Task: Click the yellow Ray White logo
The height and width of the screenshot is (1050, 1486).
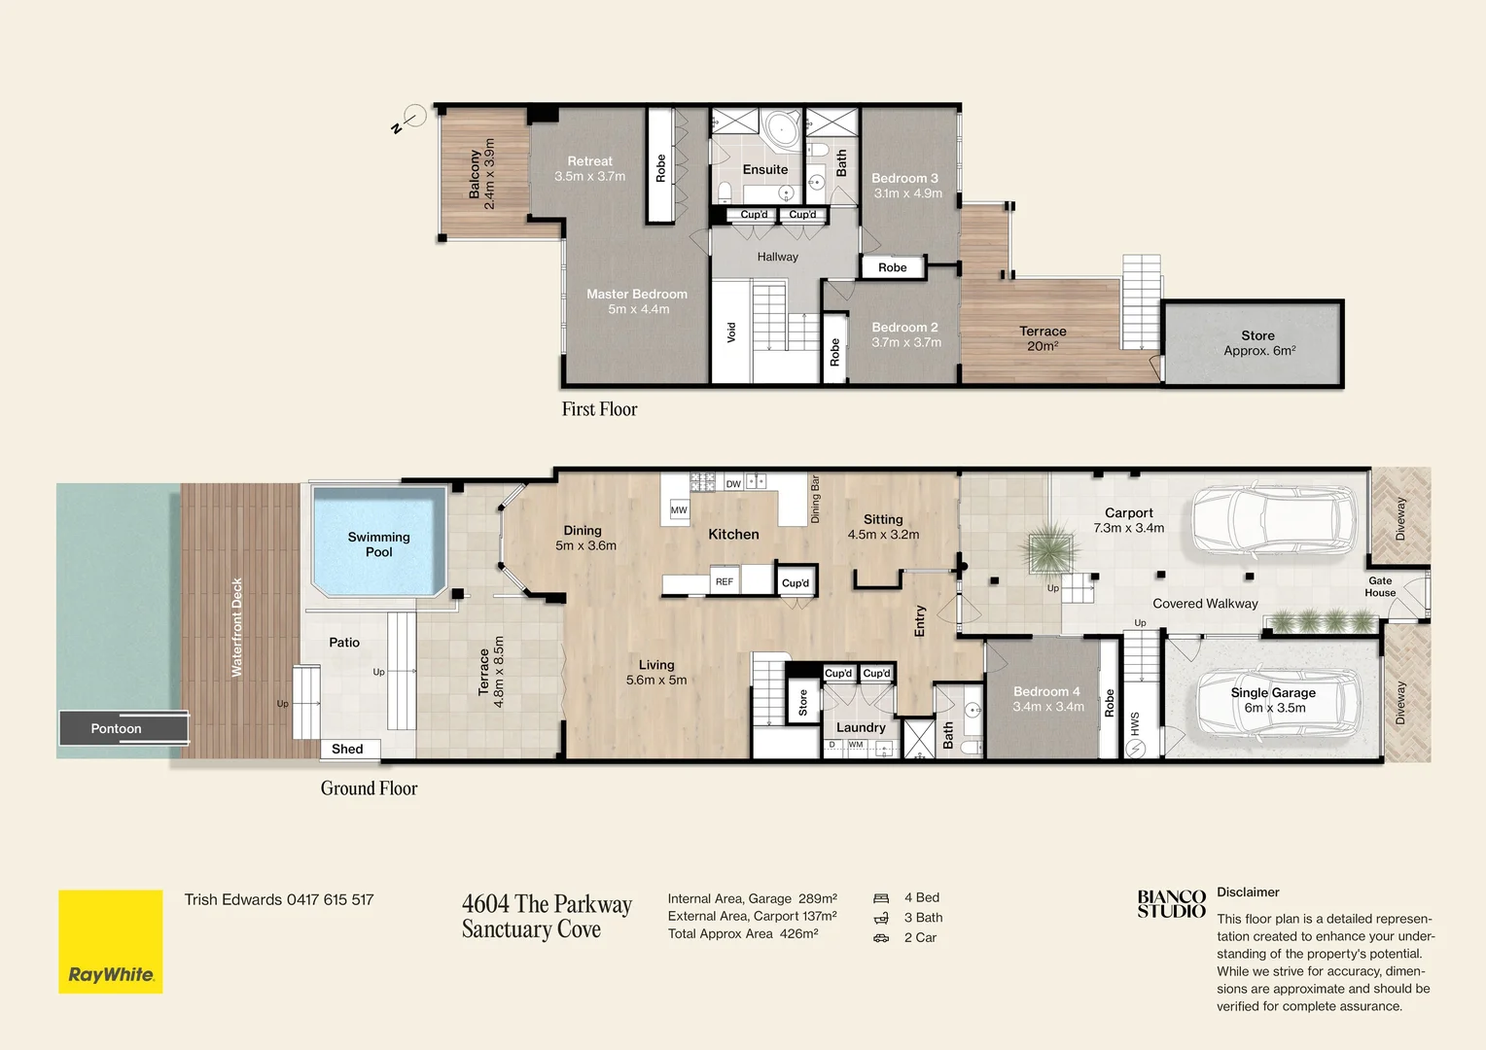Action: pyautogui.click(x=110, y=941)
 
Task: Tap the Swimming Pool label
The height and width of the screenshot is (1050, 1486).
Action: pyautogui.click(x=378, y=544)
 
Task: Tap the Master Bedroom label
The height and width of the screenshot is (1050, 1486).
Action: pyautogui.click(x=637, y=295)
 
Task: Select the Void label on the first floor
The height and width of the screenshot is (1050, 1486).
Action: pyautogui.click(x=731, y=332)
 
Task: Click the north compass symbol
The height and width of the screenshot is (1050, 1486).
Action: pyautogui.click(x=414, y=117)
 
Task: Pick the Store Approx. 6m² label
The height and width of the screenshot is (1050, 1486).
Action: pyautogui.click(x=1258, y=343)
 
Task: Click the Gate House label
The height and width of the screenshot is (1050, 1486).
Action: pyautogui.click(x=1380, y=587)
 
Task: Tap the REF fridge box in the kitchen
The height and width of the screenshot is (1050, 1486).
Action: pyautogui.click(x=725, y=581)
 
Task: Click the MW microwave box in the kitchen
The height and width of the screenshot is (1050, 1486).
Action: pyautogui.click(x=679, y=509)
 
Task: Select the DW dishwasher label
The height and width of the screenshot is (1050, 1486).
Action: pyautogui.click(x=733, y=483)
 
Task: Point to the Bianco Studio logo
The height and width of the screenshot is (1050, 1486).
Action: pyautogui.click(x=1171, y=904)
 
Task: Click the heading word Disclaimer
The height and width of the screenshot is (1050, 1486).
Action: pyautogui.click(x=1248, y=892)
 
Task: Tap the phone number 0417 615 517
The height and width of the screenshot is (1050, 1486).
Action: pyautogui.click(x=330, y=900)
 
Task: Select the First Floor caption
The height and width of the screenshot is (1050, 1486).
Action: pyautogui.click(x=599, y=409)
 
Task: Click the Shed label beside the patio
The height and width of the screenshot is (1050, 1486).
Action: pyautogui.click(x=347, y=749)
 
